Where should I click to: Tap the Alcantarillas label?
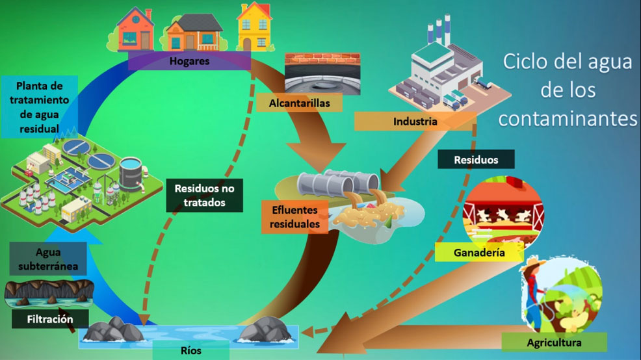[x=299, y=103]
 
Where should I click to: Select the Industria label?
[x=415, y=121]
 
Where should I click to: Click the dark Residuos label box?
[x=476, y=159]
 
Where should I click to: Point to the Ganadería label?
[x=480, y=252]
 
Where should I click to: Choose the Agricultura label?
[x=554, y=342]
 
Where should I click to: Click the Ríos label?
[x=190, y=351]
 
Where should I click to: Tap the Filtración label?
[x=49, y=319]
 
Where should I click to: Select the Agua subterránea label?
[x=48, y=259]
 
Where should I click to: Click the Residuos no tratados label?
[x=203, y=195]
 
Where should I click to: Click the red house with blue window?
[x=135, y=29]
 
